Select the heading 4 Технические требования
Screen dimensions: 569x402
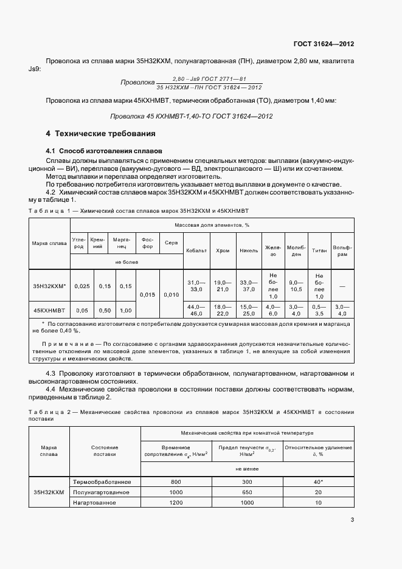click(101, 133)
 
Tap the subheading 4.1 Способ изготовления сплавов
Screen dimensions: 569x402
click(103, 150)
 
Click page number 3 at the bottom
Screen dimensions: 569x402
click(352, 519)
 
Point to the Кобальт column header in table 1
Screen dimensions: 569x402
click(196, 250)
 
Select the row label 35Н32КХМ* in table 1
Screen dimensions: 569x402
click(49, 285)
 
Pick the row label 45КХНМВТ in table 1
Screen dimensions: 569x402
click(49, 310)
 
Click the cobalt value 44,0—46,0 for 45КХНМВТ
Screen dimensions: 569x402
click(196, 310)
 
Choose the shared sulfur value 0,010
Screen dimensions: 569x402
click(172, 295)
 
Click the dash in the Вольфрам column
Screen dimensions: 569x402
click(342, 285)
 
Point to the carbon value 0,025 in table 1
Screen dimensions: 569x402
click(81, 285)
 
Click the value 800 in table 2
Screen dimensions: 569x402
click(176, 481)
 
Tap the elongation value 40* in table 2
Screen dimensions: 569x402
click(317, 481)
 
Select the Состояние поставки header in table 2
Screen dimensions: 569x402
click(105, 450)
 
